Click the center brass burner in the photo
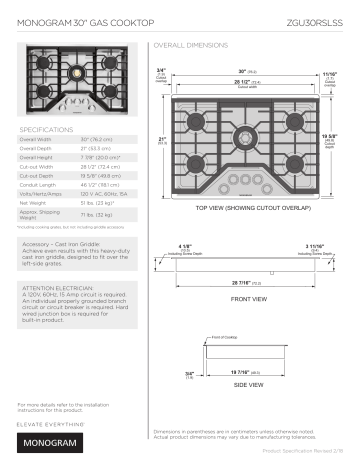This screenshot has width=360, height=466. click(77, 72)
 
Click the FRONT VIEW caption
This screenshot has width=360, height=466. click(248, 299)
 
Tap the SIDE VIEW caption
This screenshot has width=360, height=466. click(248, 384)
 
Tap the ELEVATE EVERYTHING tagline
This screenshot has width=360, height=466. click(48, 423)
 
